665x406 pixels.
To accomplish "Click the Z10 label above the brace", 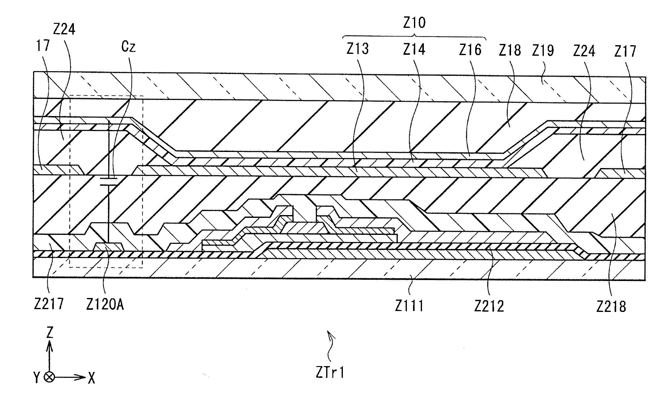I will [414, 23].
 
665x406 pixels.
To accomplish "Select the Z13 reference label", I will [358, 50].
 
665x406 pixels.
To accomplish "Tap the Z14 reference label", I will [414, 50].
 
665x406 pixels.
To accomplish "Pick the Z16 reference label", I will [470, 50].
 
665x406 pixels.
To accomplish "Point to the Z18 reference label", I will [510, 50].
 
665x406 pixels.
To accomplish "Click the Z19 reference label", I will [543, 50].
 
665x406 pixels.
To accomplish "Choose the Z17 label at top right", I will [625, 51].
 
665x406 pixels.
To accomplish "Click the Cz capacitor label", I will [128, 47].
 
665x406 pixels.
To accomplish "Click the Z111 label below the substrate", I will [409, 306].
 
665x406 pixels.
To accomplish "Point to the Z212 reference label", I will [489, 306].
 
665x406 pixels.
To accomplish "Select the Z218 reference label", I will [611, 307].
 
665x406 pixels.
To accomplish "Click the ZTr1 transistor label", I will [330, 373].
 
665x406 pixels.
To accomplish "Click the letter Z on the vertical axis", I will [49, 333].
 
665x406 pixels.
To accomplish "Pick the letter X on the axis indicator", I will [91, 378].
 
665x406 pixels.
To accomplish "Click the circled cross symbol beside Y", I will [49, 377].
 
